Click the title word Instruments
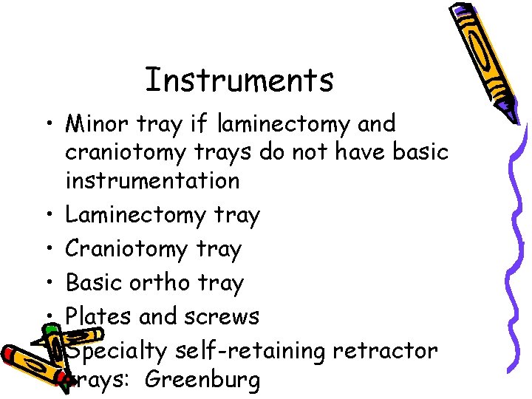coord(239,80)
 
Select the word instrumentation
coord(152,180)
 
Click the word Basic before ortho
coord(91,282)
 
